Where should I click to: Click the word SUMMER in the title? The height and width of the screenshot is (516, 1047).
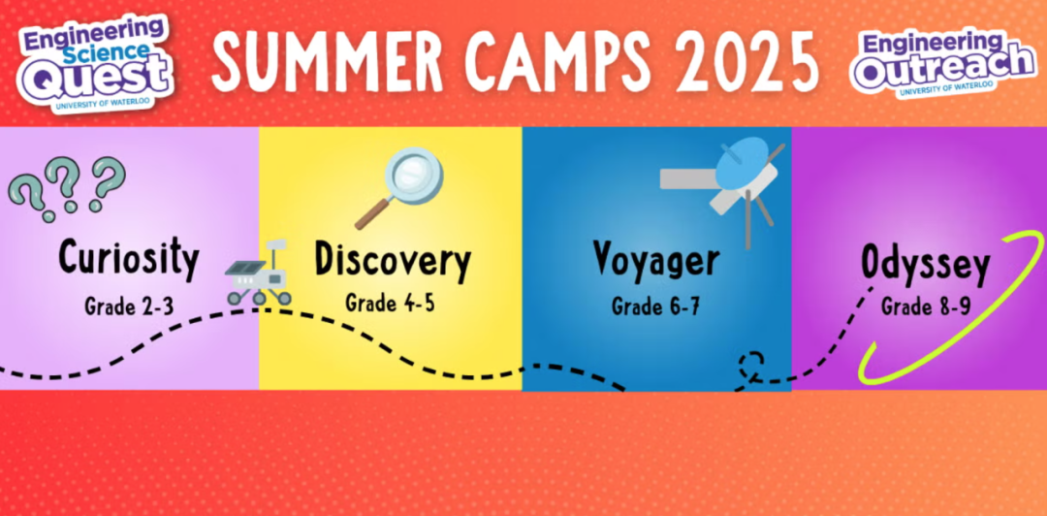328,61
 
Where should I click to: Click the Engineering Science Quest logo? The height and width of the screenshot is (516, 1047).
95,62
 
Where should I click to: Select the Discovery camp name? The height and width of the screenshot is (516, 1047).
392,261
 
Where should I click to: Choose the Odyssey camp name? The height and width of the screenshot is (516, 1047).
925,265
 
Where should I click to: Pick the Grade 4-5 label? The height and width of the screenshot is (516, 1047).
390,303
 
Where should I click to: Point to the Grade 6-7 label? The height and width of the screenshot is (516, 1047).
656,306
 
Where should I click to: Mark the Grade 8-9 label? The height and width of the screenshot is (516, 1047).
926,307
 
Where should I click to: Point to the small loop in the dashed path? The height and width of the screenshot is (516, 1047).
751,365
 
